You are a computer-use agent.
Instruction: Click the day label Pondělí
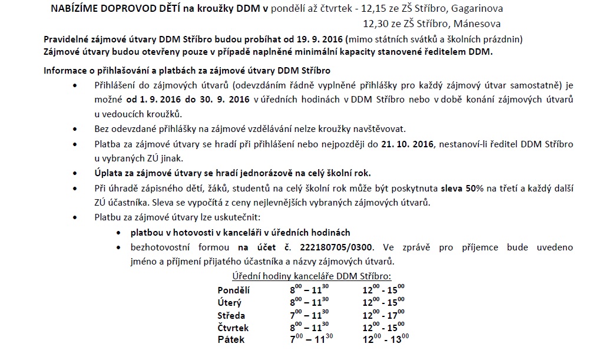234,290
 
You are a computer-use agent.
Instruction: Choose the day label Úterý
230,302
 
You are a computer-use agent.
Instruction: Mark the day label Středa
231,315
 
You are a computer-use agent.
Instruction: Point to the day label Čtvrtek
233,328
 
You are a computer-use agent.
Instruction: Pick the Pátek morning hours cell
312,339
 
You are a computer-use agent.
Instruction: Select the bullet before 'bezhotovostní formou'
120,247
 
